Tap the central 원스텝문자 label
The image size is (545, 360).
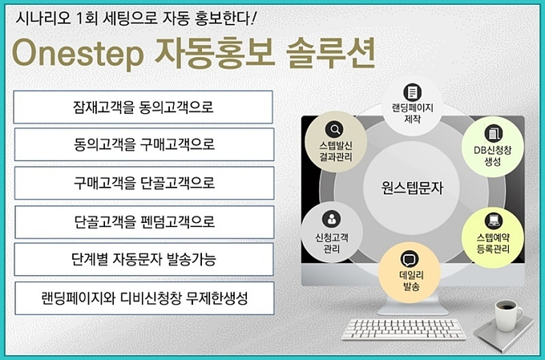click(412, 188)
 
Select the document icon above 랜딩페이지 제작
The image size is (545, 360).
click(412, 92)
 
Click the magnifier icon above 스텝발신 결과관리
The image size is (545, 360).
click(334, 130)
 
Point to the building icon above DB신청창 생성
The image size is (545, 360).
click(493, 134)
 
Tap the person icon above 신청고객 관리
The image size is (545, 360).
click(331, 219)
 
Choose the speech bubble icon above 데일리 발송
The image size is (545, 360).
click(410, 259)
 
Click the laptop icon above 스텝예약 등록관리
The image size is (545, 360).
click(494, 220)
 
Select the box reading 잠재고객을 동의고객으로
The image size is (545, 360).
click(143, 107)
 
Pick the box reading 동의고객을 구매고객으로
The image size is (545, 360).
click(144, 144)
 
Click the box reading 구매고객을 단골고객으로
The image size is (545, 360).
click(144, 183)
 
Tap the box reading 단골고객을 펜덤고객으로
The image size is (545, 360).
click(144, 222)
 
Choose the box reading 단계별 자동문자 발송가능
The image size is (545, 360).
click(144, 259)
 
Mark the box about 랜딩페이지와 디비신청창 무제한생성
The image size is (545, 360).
click(144, 298)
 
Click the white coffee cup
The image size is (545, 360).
click(508, 315)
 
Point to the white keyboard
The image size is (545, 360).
click(403, 330)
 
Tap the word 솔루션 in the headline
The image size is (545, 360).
click(330, 53)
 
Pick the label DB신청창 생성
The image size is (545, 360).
click(493, 156)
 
